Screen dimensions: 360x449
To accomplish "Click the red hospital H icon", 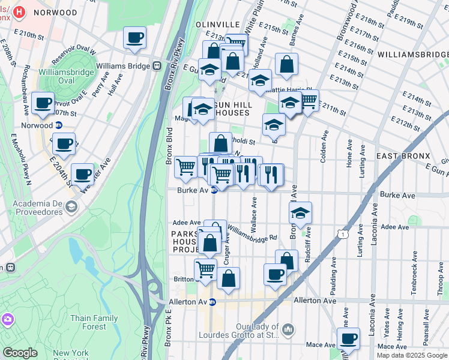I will [x=20, y=12].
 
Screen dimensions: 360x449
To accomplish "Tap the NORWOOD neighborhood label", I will [x=56, y=12].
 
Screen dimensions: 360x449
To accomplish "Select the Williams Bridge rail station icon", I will [x=157, y=65].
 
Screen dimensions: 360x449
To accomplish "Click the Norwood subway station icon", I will [x=59, y=125].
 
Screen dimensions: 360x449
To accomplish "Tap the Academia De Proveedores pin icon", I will [x=71, y=207].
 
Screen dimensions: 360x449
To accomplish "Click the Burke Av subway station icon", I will [x=214, y=190].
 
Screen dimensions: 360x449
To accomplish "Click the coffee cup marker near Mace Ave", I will [x=348, y=338].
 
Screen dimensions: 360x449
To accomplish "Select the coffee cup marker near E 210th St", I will [x=134, y=38].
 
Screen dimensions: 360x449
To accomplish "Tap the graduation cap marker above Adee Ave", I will [x=300, y=212].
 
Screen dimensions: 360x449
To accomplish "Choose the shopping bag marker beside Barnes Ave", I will [x=287, y=64].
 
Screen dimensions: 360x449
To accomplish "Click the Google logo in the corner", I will [x=20, y=353].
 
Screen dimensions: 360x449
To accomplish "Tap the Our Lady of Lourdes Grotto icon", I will [x=289, y=329].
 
